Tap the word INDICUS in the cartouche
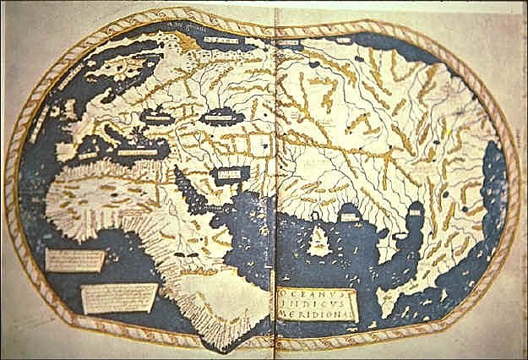pos(315,303)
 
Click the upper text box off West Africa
pos(75,259)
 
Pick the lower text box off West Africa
pos(118,297)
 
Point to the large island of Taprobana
pos(317,241)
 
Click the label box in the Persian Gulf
pos(227,175)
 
